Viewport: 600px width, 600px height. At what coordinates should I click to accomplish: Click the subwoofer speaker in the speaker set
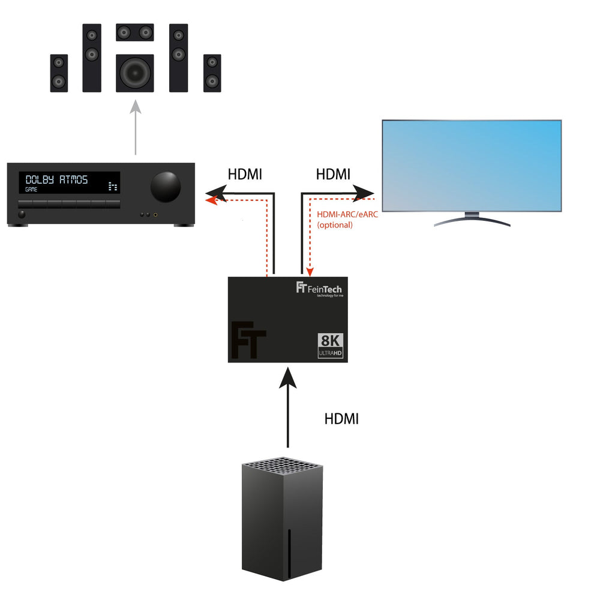(134, 73)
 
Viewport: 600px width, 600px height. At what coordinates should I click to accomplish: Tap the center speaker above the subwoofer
(134, 32)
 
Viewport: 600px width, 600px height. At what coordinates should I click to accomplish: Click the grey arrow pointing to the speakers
(136, 127)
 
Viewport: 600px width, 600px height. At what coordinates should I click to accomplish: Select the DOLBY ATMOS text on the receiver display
(56, 179)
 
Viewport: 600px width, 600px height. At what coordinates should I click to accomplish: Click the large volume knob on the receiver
(166, 187)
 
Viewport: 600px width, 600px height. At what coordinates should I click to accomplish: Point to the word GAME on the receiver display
(31, 190)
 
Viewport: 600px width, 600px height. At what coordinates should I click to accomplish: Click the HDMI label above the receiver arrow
(245, 175)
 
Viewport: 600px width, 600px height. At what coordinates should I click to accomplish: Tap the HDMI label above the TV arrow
(333, 175)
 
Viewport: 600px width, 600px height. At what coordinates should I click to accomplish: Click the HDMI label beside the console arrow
(341, 419)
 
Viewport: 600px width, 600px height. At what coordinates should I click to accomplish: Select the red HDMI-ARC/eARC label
(347, 214)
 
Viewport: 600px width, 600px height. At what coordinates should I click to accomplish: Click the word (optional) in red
(335, 224)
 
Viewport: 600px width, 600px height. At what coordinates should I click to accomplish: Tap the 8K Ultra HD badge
(330, 346)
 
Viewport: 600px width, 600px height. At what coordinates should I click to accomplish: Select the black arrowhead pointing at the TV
(363, 193)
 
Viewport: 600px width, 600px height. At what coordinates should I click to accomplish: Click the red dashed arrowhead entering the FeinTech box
(310, 271)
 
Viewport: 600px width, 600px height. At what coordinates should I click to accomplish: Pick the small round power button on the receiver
(22, 214)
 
